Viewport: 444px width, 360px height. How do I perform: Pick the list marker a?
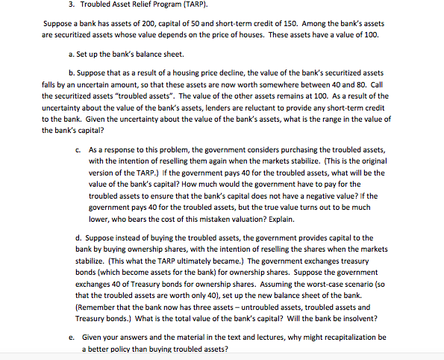click(69, 54)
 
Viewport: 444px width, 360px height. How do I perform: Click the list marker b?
click(69, 73)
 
